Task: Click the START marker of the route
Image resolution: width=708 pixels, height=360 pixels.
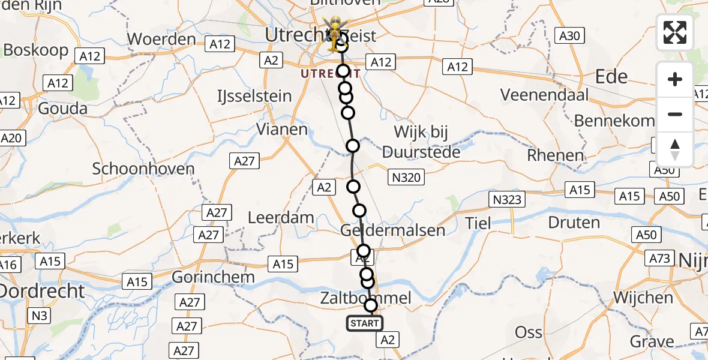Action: tap(364, 324)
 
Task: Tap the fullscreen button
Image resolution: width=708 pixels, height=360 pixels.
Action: tap(675, 32)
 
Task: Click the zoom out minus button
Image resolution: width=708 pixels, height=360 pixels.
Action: tap(675, 114)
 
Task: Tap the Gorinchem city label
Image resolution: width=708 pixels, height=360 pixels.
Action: tap(213, 278)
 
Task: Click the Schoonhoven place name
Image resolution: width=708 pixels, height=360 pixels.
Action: tap(143, 169)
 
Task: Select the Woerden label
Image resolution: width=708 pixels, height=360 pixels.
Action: tap(162, 40)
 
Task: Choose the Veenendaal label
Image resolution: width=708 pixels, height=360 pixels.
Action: tap(544, 95)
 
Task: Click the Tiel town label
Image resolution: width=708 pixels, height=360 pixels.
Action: tap(479, 224)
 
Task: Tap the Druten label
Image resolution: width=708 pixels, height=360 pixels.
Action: tap(574, 223)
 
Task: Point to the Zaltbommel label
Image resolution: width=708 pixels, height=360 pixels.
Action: tap(365, 298)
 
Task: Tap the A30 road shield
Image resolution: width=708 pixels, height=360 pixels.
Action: tap(568, 35)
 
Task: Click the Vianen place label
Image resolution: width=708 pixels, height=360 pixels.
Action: tap(281, 129)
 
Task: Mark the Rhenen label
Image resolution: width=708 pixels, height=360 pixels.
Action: tap(555, 155)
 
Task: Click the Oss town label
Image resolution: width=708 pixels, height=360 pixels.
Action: tap(529, 332)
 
